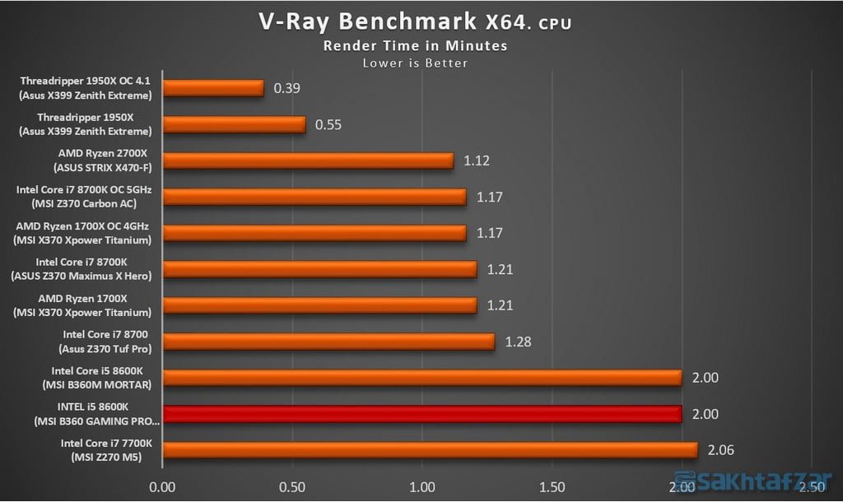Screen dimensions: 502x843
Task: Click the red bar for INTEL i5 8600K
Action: pyautogui.click(x=422, y=414)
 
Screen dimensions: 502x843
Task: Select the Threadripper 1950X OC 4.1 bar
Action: pyautogui.click(x=213, y=88)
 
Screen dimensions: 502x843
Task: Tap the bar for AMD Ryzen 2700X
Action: pyautogui.click(x=308, y=160)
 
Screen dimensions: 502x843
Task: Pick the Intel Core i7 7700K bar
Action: pyautogui.click(x=430, y=450)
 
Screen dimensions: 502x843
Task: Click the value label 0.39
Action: pyautogui.click(x=286, y=88)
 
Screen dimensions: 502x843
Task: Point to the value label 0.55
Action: pyautogui.click(x=328, y=125)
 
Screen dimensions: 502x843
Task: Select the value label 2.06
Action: pyautogui.click(x=720, y=450)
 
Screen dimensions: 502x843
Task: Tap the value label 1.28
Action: pyautogui.click(x=518, y=342)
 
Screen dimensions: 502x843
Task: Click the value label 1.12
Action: pyautogui.click(x=477, y=160)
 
